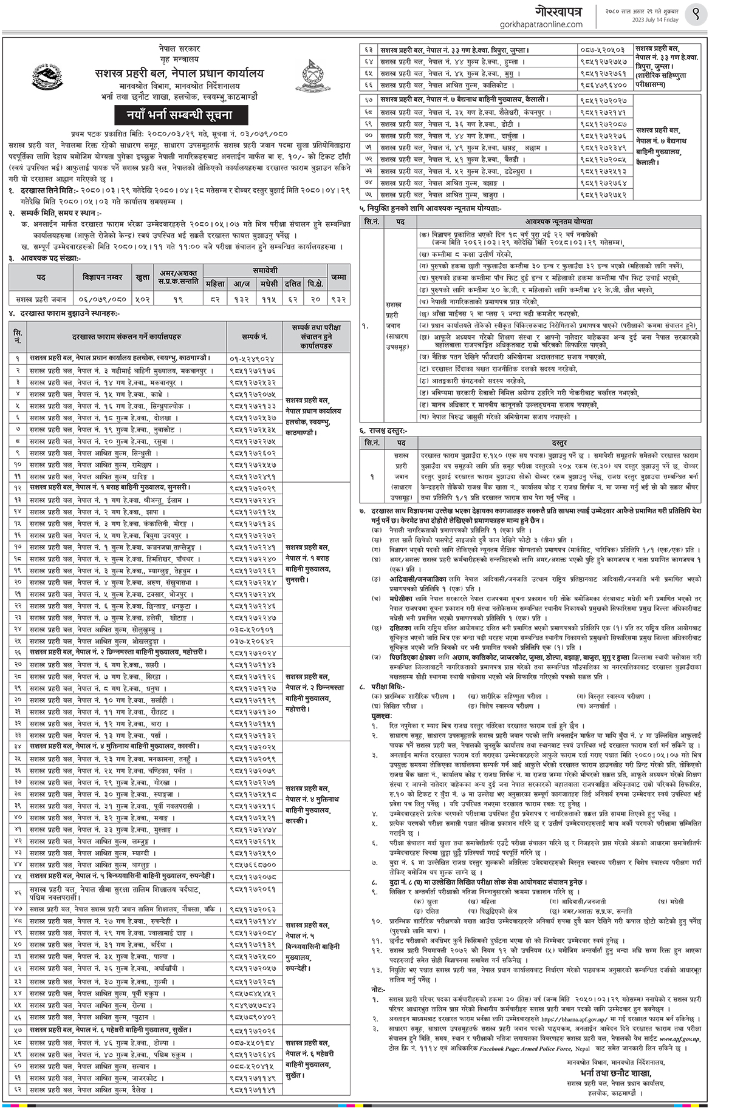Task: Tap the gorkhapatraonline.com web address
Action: [x=540, y=24]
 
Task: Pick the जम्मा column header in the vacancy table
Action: [x=338, y=277]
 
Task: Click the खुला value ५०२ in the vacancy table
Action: [x=143, y=299]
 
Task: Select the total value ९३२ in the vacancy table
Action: [x=338, y=299]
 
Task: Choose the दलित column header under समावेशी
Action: [x=293, y=284]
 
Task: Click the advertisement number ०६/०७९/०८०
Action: [x=103, y=299]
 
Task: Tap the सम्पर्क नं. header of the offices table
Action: [x=255, y=336]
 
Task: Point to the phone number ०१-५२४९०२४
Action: [x=252, y=359]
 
